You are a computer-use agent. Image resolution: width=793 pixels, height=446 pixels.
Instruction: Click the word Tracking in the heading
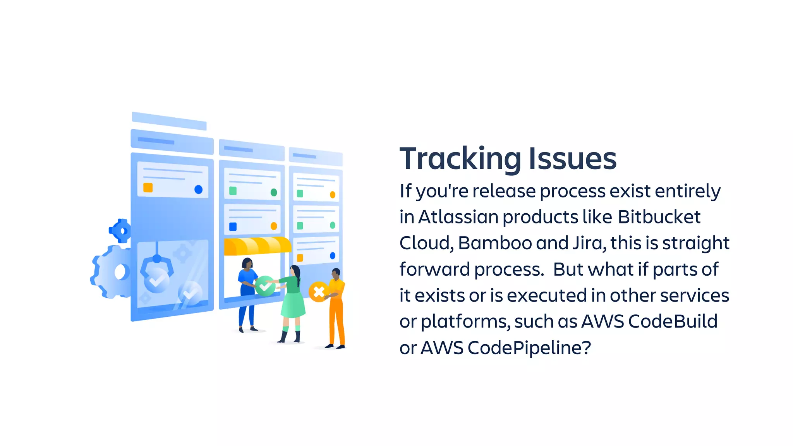click(x=460, y=159)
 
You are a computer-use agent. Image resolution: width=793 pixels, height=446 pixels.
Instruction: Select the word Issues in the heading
click(x=572, y=159)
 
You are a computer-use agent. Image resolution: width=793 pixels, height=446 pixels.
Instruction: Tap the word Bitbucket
click(x=659, y=217)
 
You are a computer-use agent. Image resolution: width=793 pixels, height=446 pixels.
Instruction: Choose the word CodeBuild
click(x=673, y=321)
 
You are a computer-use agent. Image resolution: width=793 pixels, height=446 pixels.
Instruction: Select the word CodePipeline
click(x=529, y=348)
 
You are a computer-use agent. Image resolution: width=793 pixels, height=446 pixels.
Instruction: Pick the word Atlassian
click(x=458, y=217)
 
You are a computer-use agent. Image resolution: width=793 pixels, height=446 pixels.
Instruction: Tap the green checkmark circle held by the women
click(x=265, y=286)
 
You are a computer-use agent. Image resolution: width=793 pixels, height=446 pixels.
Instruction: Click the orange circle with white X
click(x=319, y=292)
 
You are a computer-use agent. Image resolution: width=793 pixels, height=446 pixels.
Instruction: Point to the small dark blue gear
click(x=121, y=231)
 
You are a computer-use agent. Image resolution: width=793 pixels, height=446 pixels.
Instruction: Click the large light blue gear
click(x=111, y=272)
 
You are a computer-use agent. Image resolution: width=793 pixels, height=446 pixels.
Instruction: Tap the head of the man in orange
click(x=336, y=273)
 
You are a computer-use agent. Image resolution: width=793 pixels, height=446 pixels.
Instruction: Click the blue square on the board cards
click(x=233, y=226)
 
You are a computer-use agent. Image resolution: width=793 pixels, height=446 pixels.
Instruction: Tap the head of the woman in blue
click(x=247, y=263)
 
